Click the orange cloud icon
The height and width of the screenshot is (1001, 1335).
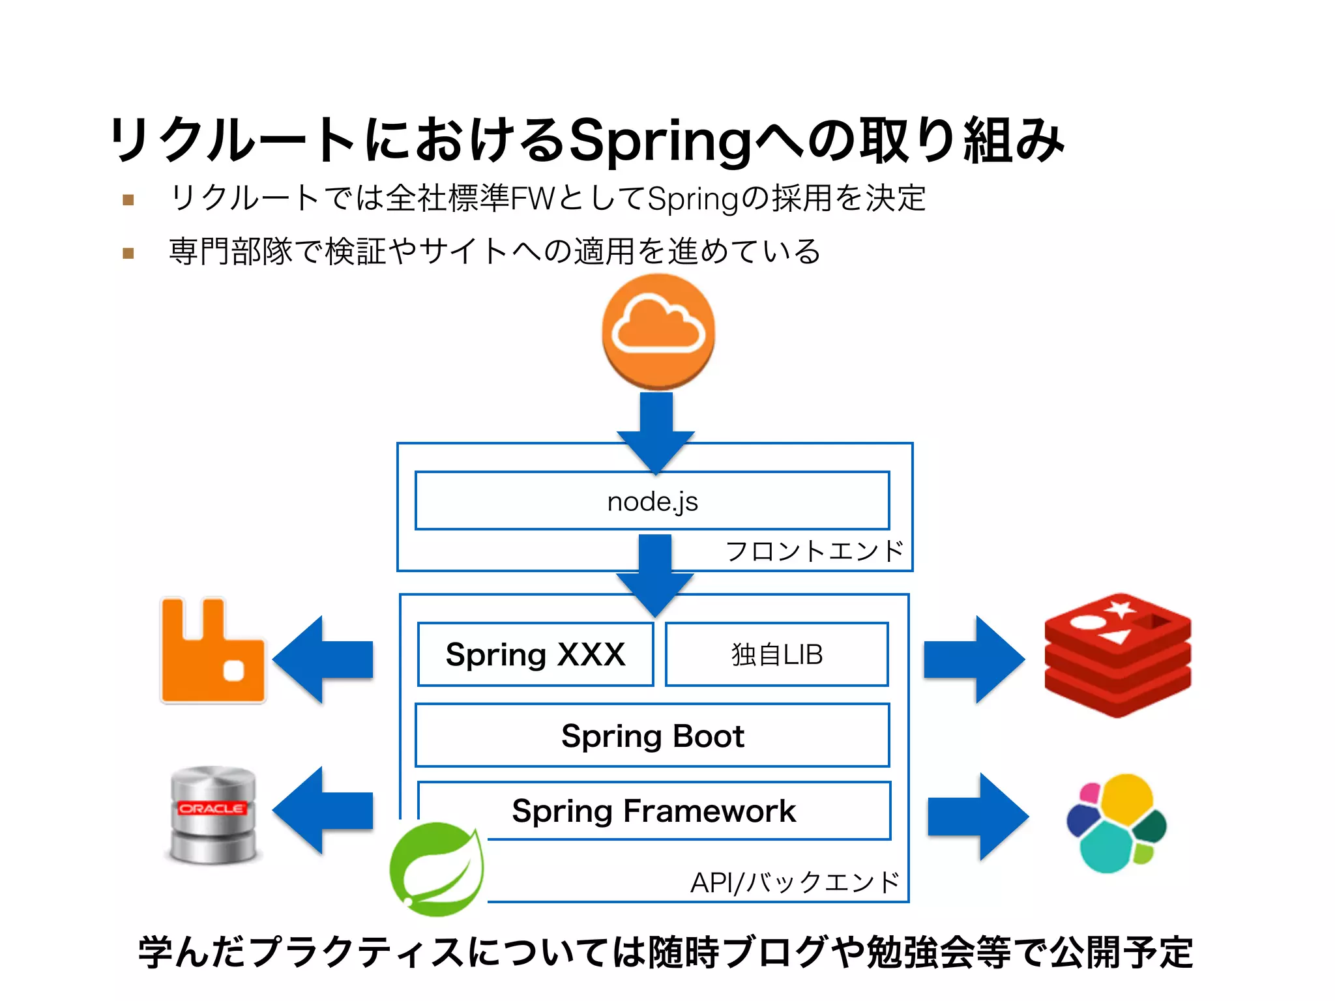pyautogui.click(x=658, y=331)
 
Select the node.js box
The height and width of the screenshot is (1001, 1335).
pyautogui.click(x=652, y=501)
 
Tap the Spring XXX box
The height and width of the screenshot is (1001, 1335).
pyautogui.click(x=535, y=654)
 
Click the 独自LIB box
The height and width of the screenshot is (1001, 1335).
pyautogui.click(x=776, y=654)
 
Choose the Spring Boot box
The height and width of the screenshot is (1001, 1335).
pyautogui.click(x=652, y=736)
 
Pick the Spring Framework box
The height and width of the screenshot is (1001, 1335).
pyautogui.click(x=653, y=811)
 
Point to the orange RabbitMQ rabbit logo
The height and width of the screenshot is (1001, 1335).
pyautogui.click(x=213, y=650)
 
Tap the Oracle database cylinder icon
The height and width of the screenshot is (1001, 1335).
pyautogui.click(x=213, y=815)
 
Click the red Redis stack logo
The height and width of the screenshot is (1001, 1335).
pyautogui.click(x=1117, y=654)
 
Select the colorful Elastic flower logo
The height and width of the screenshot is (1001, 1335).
pyautogui.click(x=1115, y=823)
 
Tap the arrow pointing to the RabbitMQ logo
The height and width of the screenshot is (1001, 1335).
pyautogui.click(x=324, y=660)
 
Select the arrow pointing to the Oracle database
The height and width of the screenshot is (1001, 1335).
pyautogui.click(x=324, y=810)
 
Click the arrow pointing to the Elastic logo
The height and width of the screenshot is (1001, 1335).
pyautogui.click(x=976, y=817)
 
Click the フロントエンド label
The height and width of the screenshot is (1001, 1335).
pyautogui.click(x=814, y=551)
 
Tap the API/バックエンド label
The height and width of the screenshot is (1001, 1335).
pyautogui.click(x=795, y=883)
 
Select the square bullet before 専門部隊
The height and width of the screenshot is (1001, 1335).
pyautogui.click(x=128, y=253)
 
